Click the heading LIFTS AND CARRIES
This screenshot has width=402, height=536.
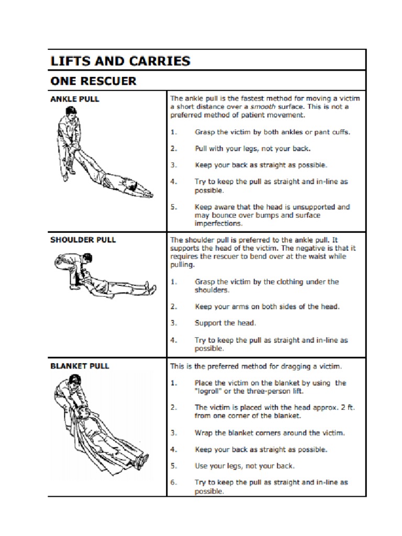click(120, 61)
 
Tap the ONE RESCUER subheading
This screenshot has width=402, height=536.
click(93, 81)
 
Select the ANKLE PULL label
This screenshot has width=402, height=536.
click(74, 98)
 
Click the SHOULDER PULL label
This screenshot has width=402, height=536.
click(83, 240)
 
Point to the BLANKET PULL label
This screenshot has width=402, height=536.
click(80, 366)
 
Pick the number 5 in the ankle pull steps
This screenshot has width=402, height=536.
click(173, 207)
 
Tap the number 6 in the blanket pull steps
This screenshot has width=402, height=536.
click(173, 483)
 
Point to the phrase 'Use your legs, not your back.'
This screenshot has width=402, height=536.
click(244, 466)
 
